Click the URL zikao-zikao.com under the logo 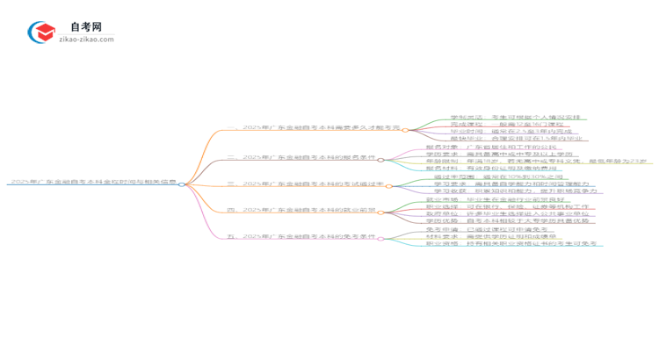click(x=85, y=40)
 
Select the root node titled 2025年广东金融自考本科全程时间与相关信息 click(x=92, y=183)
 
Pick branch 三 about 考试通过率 click(x=306, y=184)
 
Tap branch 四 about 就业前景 click(x=301, y=211)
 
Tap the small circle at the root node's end click(x=182, y=184)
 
